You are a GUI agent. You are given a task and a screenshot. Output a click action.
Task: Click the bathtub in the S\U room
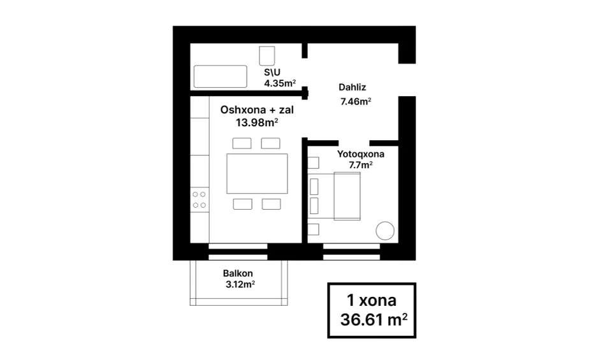[221, 76]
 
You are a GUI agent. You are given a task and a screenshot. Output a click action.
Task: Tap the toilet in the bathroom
[267, 56]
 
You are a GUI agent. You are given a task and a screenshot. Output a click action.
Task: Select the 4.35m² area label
[280, 83]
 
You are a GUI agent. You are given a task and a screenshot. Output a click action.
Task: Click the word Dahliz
[352, 87]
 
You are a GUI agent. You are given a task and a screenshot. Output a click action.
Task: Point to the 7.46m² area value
[356, 101]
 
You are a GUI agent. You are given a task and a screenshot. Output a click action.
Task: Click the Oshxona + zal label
[257, 110]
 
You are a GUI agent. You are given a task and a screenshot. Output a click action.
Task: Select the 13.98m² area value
[257, 123]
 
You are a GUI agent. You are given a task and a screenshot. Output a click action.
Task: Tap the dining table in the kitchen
[257, 173]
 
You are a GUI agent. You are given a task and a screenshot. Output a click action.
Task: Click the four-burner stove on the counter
[200, 199]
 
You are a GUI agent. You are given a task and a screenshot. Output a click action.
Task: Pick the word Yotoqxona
[361, 154]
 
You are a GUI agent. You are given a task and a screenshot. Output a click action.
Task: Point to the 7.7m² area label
[361, 165]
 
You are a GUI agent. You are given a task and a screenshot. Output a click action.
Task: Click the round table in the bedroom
[385, 231]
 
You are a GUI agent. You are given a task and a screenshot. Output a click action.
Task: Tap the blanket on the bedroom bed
[347, 196]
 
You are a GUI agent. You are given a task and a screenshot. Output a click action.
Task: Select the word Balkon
[238, 273]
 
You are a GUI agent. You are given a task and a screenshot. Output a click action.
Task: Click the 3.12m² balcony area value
[240, 284]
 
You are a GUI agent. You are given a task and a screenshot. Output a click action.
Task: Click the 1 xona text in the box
[372, 300]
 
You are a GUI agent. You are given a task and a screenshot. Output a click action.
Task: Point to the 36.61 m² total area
[374, 320]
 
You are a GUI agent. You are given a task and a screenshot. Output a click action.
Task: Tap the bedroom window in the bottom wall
[352, 252]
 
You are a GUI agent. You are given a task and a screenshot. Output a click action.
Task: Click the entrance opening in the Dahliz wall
[407, 80]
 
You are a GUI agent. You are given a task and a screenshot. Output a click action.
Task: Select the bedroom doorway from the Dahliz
[354, 143]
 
